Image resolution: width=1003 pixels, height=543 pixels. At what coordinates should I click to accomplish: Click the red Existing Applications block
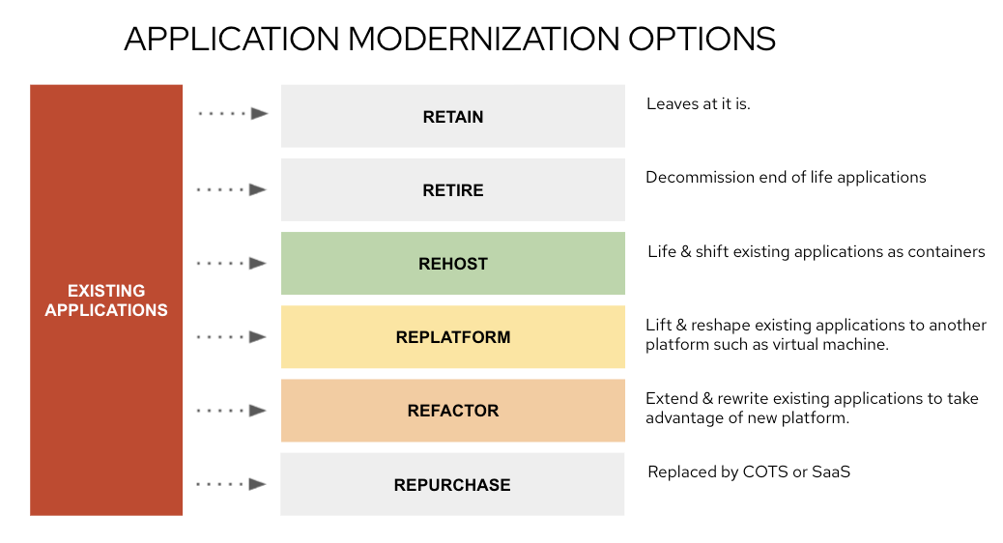[106, 300]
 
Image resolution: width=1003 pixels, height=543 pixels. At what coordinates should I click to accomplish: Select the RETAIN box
[453, 116]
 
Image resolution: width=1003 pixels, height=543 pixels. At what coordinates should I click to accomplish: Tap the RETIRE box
[453, 190]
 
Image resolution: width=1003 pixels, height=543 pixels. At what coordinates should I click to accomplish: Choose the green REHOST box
[453, 264]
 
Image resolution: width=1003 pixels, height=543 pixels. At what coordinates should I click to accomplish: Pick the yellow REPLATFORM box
[453, 337]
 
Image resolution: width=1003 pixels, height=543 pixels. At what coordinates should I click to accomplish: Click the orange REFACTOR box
[453, 411]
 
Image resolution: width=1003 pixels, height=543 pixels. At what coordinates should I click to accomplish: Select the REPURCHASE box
[452, 484]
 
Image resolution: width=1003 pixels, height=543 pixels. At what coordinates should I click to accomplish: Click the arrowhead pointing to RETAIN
[259, 114]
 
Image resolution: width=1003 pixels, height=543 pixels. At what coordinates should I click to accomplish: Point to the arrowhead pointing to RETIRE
[258, 190]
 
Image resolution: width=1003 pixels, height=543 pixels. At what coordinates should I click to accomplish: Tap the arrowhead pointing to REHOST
[258, 264]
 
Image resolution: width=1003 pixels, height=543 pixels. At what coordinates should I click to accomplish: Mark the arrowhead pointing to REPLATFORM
[258, 337]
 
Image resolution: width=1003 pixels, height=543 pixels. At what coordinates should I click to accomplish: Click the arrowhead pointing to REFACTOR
[258, 411]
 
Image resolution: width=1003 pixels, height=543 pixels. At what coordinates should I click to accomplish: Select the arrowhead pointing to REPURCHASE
[258, 484]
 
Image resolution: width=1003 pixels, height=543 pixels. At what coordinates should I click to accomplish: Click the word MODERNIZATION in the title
[483, 39]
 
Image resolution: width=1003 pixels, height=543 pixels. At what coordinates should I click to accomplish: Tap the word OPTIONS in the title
[702, 39]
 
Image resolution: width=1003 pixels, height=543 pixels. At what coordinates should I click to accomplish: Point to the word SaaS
[831, 472]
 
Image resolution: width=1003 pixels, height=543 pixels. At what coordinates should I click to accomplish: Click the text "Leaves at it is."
[698, 103]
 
